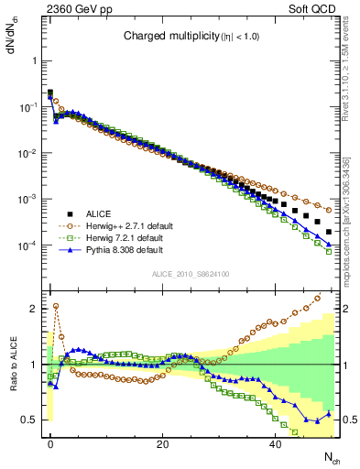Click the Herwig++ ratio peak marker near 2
56,306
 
